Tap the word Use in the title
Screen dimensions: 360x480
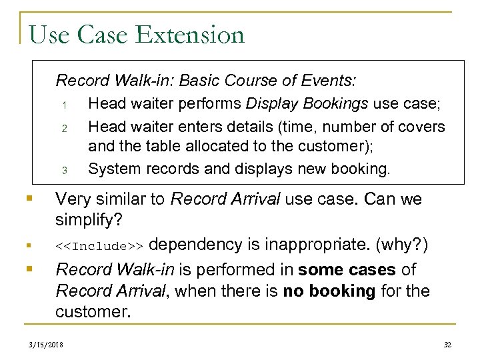coord(47,34)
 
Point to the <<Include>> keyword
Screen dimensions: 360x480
coord(100,246)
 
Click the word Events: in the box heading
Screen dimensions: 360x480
coord(330,81)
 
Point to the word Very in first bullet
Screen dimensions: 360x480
coord(71,199)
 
